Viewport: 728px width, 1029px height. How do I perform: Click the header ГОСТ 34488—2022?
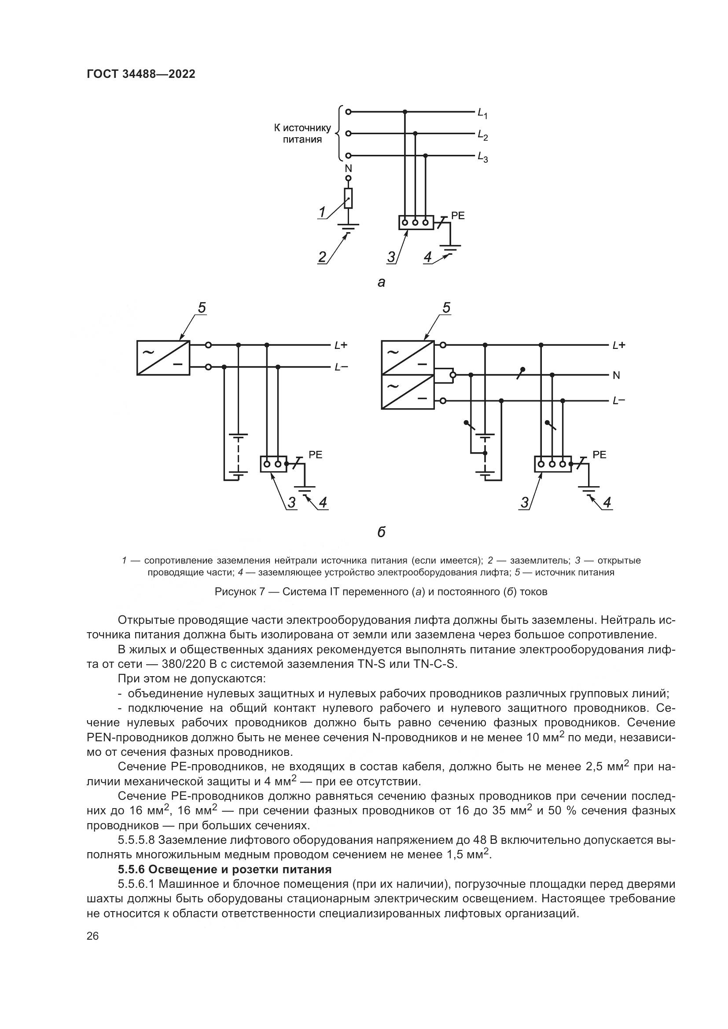click(x=141, y=74)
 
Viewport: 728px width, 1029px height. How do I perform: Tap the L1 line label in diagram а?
click(x=482, y=113)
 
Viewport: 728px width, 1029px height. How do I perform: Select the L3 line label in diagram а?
click(x=482, y=157)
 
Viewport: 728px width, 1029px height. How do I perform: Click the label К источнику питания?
click(x=302, y=134)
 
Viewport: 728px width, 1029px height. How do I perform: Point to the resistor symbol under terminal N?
click(x=348, y=198)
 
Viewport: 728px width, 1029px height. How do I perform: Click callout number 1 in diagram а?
click(x=322, y=212)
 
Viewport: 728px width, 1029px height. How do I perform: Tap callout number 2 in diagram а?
click(x=322, y=257)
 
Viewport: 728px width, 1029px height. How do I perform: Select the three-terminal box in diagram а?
click(x=415, y=222)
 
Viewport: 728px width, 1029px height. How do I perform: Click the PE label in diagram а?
click(x=458, y=216)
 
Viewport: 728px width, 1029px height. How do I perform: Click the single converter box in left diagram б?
click(x=163, y=357)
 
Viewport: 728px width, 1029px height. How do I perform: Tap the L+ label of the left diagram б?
click(x=341, y=345)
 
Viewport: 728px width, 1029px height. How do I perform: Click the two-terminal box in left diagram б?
click(x=273, y=464)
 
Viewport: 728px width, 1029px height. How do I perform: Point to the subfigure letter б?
click(x=381, y=532)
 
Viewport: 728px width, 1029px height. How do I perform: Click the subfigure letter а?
click(x=381, y=282)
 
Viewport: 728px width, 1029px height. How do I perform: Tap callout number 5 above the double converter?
click(x=446, y=308)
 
